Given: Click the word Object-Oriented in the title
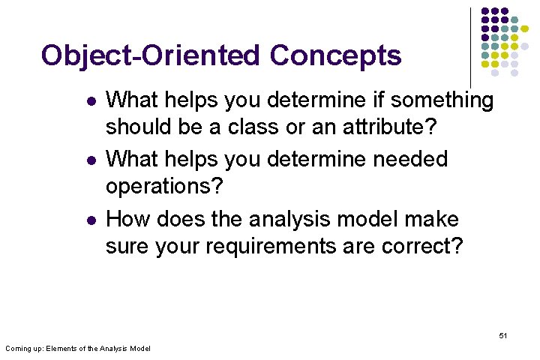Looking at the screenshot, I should point(151,55).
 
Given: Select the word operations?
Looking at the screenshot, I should point(163,187).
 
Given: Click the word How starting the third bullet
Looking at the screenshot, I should point(129,219).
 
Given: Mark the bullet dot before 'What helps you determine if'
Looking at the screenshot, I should point(90,101).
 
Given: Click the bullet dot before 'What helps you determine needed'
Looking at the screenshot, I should point(90,160).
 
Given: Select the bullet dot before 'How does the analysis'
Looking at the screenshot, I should point(90,220).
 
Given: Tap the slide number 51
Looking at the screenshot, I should point(502,335).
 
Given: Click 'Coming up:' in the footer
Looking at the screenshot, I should point(24,349).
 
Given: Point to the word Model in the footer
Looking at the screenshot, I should point(139,349).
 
